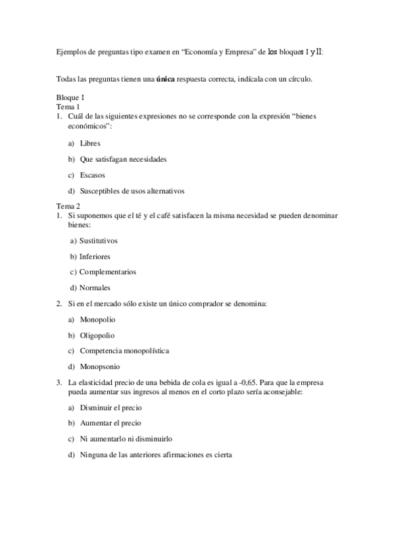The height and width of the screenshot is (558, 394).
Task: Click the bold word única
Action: (165, 80)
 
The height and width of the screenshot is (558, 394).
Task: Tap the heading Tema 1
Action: (69, 107)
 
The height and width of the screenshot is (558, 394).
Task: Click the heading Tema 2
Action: (69, 205)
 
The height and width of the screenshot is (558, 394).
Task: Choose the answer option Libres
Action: (90, 143)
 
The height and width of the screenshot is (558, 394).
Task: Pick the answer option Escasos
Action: (92, 175)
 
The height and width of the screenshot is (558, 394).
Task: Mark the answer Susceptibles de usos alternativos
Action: (132, 191)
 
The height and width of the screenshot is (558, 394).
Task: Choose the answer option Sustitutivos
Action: (99, 241)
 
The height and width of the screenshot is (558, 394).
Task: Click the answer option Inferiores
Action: (95, 256)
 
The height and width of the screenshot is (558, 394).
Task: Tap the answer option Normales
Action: (95, 288)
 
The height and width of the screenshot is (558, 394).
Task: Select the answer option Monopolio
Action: (97, 319)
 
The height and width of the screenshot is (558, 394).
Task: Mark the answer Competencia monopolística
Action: (124, 351)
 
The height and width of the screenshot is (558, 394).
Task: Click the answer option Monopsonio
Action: (99, 367)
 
